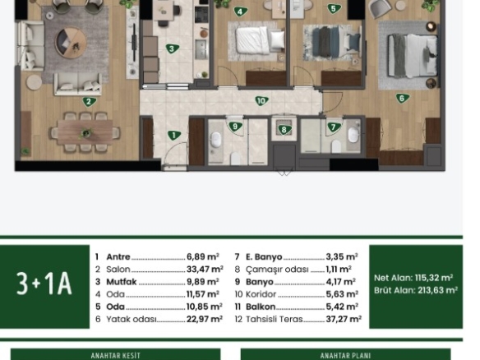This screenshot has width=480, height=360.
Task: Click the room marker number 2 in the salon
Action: (x=89, y=102)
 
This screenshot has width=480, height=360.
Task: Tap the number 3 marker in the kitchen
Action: (x=172, y=48)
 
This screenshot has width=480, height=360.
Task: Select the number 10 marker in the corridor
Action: (x=261, y=101)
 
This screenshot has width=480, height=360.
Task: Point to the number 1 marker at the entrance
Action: (x=174, y=135)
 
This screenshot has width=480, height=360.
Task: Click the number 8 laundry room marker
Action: (x=284, y=130)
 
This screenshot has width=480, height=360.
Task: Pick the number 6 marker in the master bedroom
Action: (x=402, y=99)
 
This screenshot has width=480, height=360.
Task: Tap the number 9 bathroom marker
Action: (x=235, y=127)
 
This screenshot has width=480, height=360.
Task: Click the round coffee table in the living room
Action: (x=71, y=42)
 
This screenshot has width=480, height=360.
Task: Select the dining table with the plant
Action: (x=85, y=132)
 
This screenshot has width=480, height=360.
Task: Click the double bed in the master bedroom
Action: (x=413, y=55)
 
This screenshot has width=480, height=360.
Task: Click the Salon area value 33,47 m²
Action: (x=205, y=269)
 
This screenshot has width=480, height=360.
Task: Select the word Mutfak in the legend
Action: (x=121, y=282)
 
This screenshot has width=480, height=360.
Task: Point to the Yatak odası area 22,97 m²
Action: (x=205, y=319)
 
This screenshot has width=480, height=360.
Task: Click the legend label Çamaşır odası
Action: (x=277, y=270)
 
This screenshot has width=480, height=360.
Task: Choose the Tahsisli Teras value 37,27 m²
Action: (x=344, y=319)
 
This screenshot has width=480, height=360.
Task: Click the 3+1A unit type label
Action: (x=44, y=284)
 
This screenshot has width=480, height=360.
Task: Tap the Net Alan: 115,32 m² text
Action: (x=413, y=278)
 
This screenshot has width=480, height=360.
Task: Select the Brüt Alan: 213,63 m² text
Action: (x=416, y=290)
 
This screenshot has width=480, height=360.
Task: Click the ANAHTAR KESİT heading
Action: (x=115, y=356)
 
